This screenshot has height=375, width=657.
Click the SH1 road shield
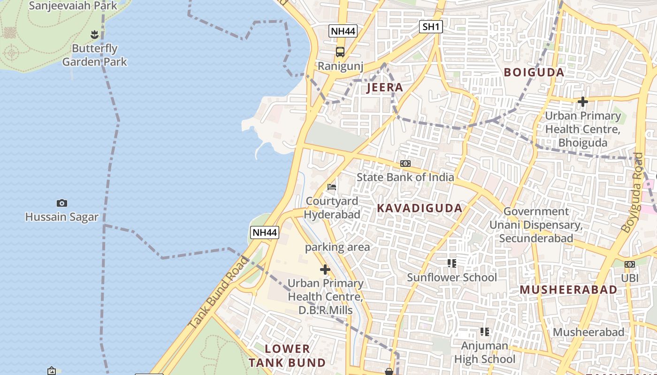click(x=431, y=27)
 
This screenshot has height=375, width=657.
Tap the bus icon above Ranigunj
click(x=340, y=52)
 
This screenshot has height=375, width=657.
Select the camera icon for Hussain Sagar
click(x=61, y=203)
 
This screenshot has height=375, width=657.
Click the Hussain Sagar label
click(x=62, y=217)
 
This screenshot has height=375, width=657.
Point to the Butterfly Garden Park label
click(x=95, y=55)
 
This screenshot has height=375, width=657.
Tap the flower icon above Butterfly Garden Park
click(x=94, y=34)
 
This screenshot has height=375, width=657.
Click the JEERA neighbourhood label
click(x=385, y=88)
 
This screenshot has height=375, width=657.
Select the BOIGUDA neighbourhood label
click(x=534, y=73)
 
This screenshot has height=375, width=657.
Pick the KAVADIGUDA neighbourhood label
click(x=420, y=209)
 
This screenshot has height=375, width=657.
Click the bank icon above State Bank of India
click(x=405, y=164)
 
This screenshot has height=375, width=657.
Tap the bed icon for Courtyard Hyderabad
click(x=332, y=187)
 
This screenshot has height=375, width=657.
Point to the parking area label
click(x=337, y=247)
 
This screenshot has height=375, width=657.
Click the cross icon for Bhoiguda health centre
click(x=583, y=101)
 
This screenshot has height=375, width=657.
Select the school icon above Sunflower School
click(x=452, y=263)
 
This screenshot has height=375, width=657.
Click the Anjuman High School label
click(x=485, y=352)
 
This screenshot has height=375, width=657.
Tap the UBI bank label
click(x=630, y=277)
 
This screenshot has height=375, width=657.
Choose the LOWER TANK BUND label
click(x=287, y=355)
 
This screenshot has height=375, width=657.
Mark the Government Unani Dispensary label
click(x=536, y=225)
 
